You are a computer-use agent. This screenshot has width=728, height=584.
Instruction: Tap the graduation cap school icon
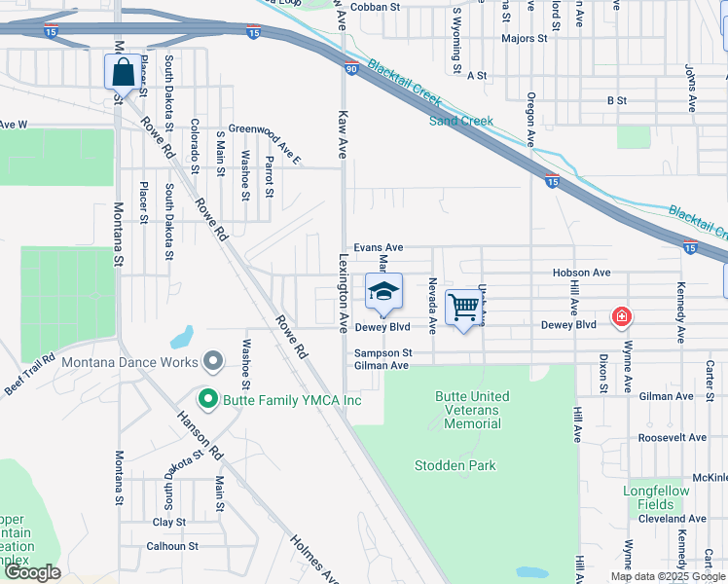coord(383,291)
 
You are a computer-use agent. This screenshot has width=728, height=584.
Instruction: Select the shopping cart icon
coord(464,308)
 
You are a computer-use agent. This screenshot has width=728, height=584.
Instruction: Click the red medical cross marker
coord(620,316)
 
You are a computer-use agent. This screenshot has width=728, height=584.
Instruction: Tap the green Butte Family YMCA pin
coord(206,400)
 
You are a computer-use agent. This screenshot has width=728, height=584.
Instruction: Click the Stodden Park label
coord(455,465)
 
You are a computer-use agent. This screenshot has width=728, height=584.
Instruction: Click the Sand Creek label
coord(461,121)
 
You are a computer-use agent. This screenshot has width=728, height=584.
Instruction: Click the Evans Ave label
coord(378,248)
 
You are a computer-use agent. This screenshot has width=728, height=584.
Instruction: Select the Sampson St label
coord(383,352)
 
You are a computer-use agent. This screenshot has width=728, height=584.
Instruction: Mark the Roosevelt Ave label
coord(673,437)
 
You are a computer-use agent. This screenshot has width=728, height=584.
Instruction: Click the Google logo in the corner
coord(32,572)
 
